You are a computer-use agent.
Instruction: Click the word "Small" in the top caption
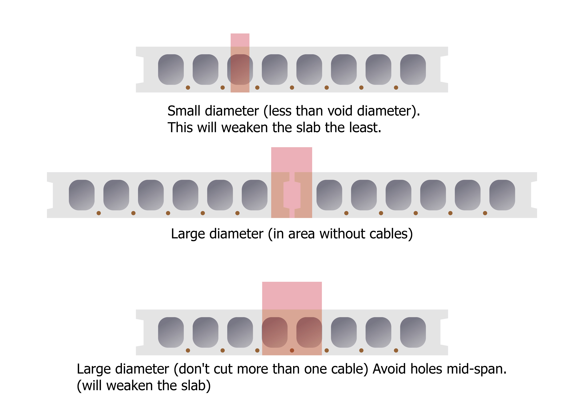184,111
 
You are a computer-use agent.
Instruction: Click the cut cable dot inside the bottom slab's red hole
292,350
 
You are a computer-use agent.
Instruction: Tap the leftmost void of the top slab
171,69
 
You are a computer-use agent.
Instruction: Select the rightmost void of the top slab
413,69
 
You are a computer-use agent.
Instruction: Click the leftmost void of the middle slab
82,195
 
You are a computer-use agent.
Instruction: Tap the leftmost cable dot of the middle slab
99,213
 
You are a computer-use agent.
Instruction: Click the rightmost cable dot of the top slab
396,88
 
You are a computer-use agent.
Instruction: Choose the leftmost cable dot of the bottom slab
188,350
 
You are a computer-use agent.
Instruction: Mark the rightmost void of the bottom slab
413,332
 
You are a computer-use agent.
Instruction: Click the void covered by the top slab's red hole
240,69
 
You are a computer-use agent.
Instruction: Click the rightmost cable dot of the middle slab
485,213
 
